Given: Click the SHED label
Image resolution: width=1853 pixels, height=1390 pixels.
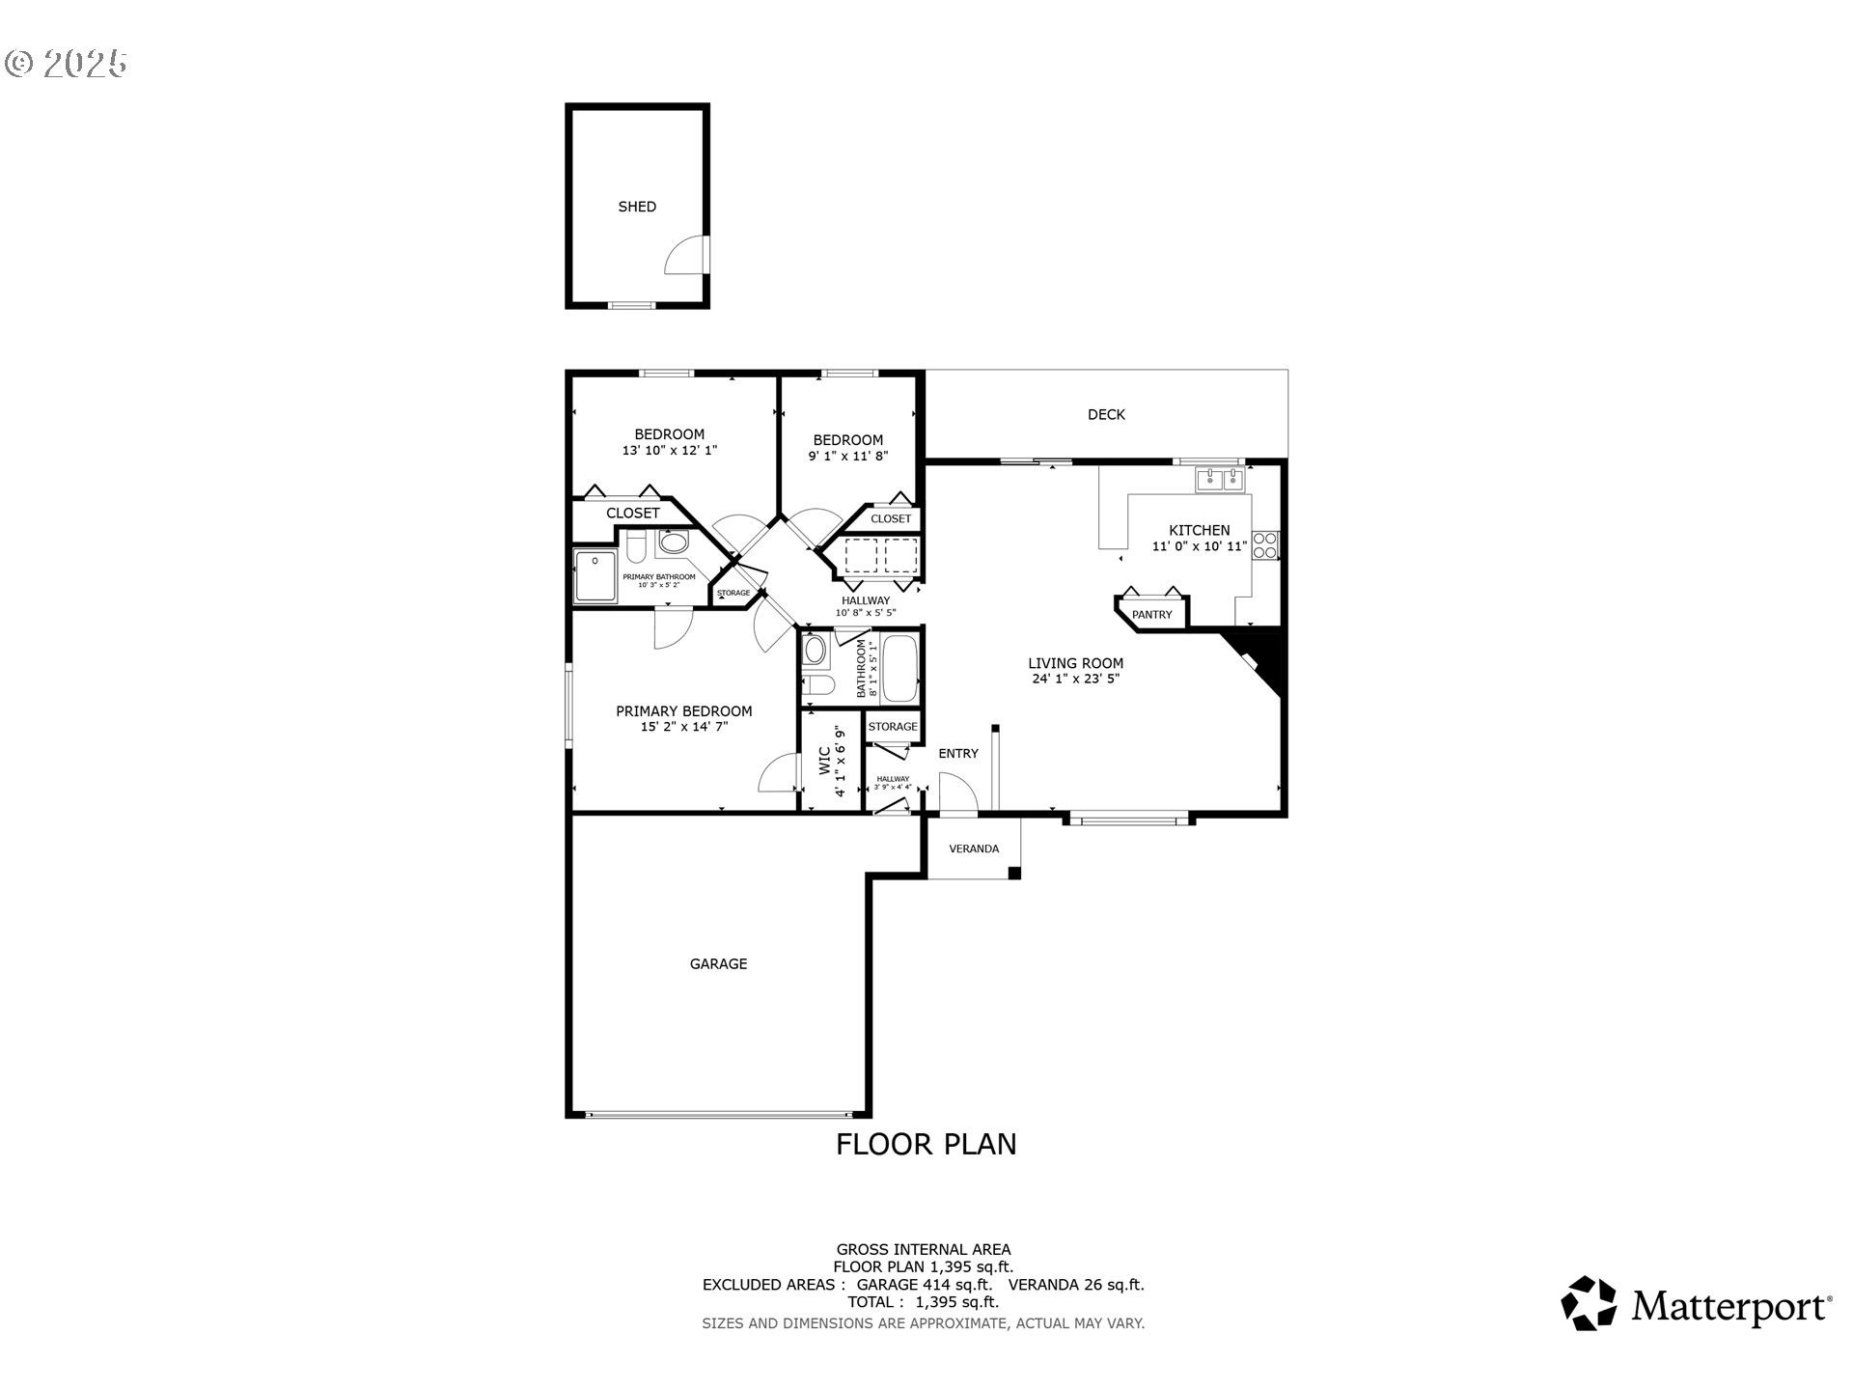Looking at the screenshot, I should [637, 207].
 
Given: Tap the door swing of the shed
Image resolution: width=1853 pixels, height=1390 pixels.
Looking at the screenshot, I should [686, 256].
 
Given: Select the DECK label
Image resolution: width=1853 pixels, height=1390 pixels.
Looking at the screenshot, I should [1106, 414].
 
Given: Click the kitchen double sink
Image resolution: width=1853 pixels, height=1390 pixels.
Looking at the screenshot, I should [1220, 479].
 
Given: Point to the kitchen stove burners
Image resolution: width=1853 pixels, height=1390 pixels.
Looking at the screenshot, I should [1264, 545].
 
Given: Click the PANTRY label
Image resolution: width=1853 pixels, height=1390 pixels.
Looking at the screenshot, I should [1151, 615].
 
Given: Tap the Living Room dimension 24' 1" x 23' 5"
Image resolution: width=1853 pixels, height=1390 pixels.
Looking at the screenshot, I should [1075, 679].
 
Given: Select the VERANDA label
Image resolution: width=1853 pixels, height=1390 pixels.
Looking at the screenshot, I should [974, 848].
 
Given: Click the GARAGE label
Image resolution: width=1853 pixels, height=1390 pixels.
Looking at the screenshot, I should [718, 963].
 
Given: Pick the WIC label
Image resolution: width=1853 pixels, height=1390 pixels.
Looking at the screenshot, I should [825, 761].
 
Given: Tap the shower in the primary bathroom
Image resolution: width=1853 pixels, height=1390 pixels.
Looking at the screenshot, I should [595, 576].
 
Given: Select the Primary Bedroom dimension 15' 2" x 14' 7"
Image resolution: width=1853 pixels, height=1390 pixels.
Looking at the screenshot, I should [683, 727].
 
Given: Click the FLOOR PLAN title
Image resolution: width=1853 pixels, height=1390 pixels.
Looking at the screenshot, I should [926, 1144].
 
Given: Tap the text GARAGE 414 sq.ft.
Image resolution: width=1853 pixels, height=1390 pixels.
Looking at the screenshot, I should [924, 1285].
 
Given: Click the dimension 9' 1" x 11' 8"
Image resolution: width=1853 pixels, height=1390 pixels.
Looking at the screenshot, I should [847, 456].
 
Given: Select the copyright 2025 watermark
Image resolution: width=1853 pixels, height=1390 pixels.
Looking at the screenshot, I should [66, 64].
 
